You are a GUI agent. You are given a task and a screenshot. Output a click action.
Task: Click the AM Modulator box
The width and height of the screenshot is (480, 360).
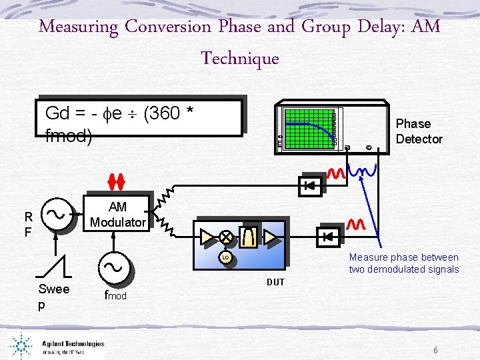point(117,215)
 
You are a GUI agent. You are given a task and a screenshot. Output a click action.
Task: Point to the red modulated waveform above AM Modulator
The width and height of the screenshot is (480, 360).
point(117,180)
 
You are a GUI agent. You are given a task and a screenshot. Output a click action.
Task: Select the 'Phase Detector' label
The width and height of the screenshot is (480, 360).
point(419,131)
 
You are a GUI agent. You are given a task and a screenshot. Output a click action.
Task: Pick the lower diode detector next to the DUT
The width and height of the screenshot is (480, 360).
point(327,236)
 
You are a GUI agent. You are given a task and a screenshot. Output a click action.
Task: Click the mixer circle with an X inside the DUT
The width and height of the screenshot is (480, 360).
point(227,236)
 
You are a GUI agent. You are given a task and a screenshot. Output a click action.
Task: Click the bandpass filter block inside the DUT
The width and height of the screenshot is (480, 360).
point(249,236)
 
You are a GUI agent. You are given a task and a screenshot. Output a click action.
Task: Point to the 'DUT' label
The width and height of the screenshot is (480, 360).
point(275,282)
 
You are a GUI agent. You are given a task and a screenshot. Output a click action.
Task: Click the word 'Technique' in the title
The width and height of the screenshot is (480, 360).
point(240,58)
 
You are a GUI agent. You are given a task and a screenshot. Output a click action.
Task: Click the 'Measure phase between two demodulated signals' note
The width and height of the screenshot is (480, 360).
point(403,263)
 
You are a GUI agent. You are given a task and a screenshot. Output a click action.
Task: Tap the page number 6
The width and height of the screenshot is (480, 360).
point(435,351)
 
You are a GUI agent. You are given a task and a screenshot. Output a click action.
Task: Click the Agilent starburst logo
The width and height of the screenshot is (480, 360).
point(23,345)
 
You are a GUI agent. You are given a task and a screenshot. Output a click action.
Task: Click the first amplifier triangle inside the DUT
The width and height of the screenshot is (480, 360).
point(206,236)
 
